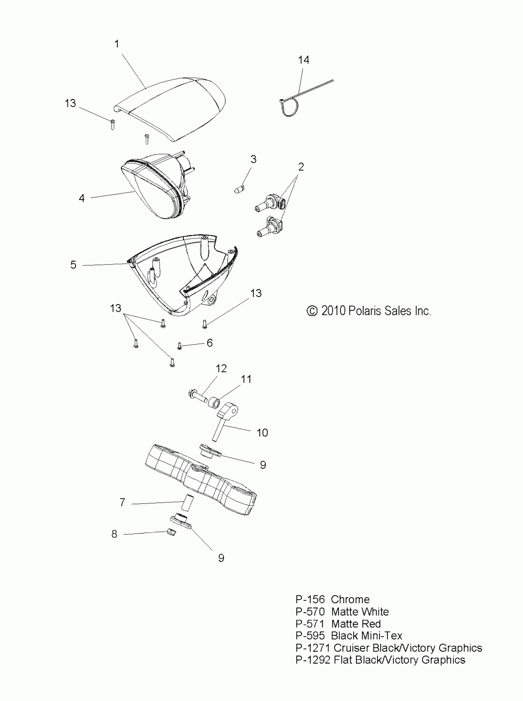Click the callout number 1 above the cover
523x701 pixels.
click(117, 44)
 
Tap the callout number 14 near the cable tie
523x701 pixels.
click(303, 60)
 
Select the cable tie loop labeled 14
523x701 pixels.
click(288, 108)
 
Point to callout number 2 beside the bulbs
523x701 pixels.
click(301, 167)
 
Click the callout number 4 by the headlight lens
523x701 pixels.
click(82, 198)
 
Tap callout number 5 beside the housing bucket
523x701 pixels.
click(74, 265)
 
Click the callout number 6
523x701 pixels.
click(210, 343)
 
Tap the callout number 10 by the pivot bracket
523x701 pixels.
click(262, 433)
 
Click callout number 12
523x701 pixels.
click(221, 369)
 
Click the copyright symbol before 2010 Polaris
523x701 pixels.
click(312, 311)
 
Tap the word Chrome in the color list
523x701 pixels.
click(350, 600)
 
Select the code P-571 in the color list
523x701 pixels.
click(310, 624)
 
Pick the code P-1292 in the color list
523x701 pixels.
click(313, 660)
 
